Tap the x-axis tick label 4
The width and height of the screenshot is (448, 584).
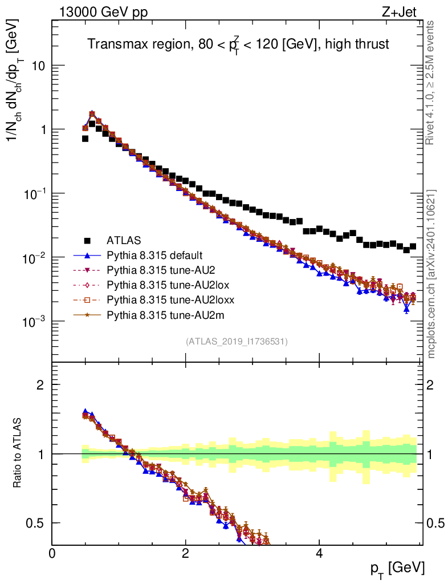pos(319,554)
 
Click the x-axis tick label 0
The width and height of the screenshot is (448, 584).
pos(52,554)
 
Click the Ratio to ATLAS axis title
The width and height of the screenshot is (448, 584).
pos(18,453)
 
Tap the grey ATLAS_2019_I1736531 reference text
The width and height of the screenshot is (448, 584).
pos(237,342)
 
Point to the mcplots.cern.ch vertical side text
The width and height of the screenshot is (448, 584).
pos(431,274)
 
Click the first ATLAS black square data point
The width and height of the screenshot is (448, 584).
pos(85,139)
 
